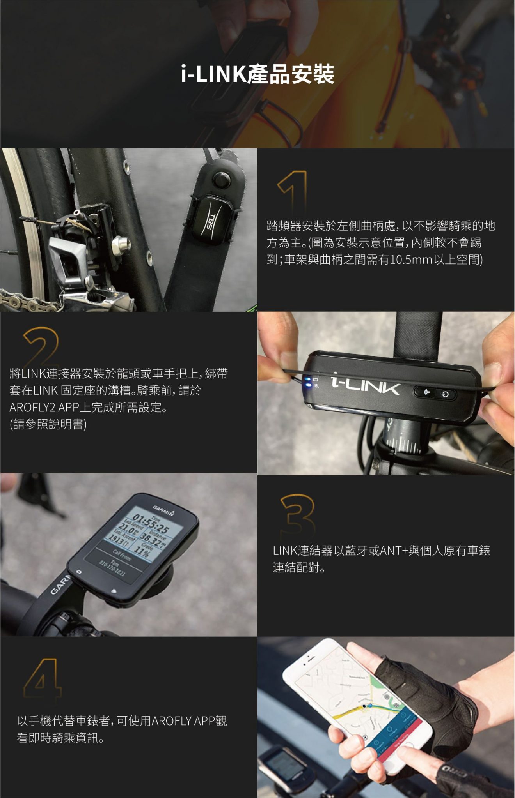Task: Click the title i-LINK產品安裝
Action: tap(257, 74)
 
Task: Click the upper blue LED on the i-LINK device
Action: tap(307, 379)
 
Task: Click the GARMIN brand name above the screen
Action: tap(163, 510)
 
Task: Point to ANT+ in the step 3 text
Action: tap(394, 551)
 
